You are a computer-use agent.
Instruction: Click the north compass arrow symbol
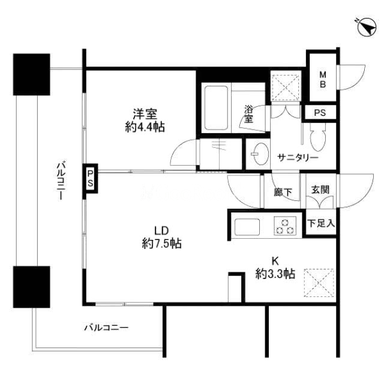[366, 28]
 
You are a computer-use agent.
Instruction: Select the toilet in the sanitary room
[318, 137]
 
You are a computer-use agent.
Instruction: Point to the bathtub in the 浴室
[216, 108]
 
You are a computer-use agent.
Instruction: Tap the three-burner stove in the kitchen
[284, 226]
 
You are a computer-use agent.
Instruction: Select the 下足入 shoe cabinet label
[321, 224]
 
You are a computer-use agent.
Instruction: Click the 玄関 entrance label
[320, 190]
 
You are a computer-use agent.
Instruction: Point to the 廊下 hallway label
[283, 192]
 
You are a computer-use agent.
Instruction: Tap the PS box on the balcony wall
[90, 178]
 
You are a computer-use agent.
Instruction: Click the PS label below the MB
[320, 113]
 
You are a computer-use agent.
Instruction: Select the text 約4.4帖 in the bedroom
[145, 127]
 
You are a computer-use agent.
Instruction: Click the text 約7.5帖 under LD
[161, 244]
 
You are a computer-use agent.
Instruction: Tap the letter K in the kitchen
[275, 261]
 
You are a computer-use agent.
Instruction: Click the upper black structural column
[32, 74]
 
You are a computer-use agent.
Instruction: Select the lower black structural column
[32, 287]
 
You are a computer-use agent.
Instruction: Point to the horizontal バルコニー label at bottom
[107, 328]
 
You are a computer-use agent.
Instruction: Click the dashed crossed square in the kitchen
[319, 283]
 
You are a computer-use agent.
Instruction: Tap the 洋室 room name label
[145, 114]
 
